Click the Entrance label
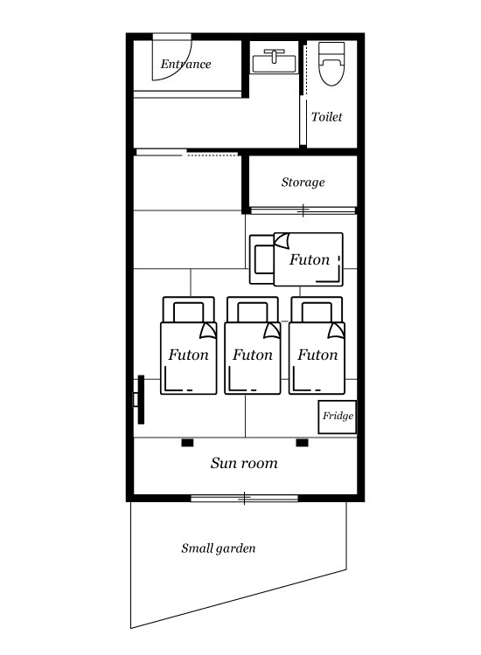185,65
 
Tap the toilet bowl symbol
331,64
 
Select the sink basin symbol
275,61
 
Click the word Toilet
327,116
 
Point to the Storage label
303,183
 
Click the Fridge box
337,417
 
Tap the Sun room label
244,463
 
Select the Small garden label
219,548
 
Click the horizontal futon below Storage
296,259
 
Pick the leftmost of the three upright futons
189,346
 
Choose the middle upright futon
253,346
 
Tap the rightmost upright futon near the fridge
317,346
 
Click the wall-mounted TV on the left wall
140,400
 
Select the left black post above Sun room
187,443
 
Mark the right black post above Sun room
302,443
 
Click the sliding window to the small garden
244,498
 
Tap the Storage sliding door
303,210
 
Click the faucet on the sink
275,55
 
